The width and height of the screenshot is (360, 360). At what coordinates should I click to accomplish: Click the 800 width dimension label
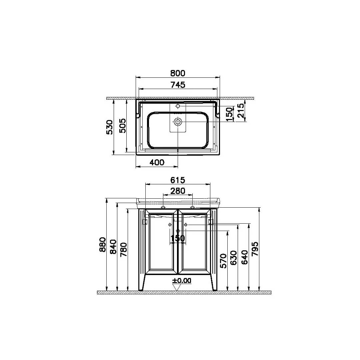[178, 73]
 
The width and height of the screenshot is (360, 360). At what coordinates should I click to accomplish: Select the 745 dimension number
[178, 85]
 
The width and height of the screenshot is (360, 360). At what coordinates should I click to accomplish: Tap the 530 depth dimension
[110, 127]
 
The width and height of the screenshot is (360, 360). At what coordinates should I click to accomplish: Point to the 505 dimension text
[123, 126]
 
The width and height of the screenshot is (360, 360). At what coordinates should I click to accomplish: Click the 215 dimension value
[241, 110]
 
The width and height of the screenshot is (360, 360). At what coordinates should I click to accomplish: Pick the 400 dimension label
[157, 163]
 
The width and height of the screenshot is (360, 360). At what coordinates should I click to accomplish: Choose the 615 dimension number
[178, 180]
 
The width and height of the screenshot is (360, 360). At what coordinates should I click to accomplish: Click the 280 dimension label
[178, 191]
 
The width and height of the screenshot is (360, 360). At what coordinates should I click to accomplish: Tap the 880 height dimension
[103, 245]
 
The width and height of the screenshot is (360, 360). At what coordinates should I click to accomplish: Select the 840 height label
[113, 247]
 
